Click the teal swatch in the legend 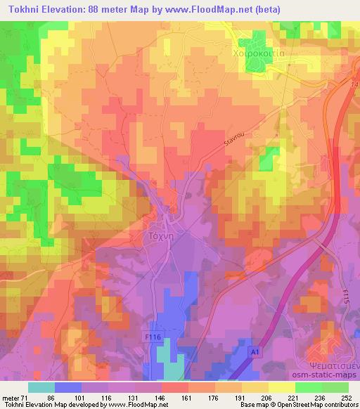[x=41, y=387]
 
